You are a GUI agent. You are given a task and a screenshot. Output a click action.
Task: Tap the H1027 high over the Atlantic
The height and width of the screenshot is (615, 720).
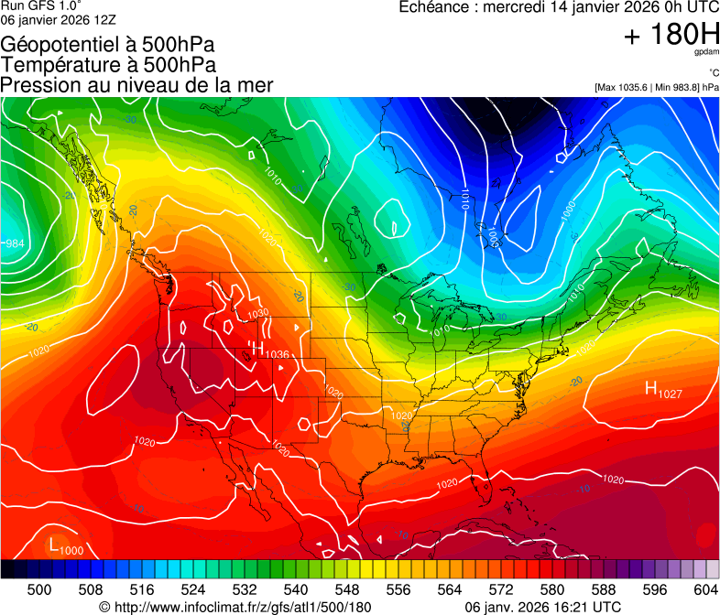665,391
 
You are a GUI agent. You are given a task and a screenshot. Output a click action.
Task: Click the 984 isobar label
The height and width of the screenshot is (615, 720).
15,243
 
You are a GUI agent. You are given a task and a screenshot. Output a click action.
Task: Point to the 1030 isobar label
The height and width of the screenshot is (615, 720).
259,313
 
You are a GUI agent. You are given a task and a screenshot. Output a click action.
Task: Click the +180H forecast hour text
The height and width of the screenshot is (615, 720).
671,36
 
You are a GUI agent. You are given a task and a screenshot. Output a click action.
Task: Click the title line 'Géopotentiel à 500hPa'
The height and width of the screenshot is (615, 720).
109,45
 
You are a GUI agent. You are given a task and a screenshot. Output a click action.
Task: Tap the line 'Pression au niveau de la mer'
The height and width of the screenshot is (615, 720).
136,85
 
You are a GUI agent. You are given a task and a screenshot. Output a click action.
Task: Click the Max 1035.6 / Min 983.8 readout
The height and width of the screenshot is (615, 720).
656,87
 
